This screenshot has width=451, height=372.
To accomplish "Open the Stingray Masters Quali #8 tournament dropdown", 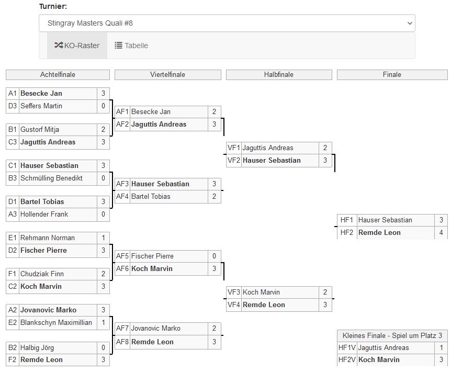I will (227, 23).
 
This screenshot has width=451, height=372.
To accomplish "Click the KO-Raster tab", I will (77, 46).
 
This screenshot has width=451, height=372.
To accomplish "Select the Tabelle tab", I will (131, 46).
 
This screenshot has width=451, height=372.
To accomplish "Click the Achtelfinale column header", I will (58, 75).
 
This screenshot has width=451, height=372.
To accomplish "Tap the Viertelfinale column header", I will (167, 75).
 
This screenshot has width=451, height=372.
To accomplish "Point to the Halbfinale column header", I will (278, 75).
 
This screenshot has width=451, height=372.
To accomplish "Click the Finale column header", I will (392, 75).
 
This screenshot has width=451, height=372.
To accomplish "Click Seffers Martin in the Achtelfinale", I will (41, 106).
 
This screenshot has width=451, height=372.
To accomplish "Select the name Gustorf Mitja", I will (40, 129).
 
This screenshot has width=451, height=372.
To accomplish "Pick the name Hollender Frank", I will (44, 214).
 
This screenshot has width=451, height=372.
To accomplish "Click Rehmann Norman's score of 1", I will (103, 238).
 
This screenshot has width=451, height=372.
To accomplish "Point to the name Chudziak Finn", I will (42, 274).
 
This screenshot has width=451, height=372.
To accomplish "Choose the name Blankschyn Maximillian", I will (56, 322).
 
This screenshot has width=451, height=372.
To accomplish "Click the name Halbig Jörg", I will (37, 347).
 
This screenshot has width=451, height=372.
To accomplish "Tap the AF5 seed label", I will (122, 256).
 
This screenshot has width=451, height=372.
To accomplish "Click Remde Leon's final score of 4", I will (441, 232).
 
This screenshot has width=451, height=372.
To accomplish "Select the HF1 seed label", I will (346, 220).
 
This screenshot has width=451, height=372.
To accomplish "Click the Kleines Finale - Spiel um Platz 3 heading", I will (392, 335).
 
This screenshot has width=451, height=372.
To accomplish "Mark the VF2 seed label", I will (233, 160).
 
